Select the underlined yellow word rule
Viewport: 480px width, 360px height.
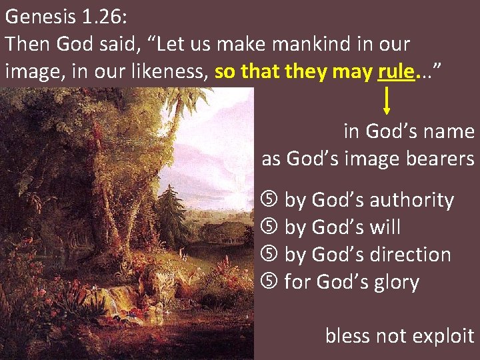(395, 71)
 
